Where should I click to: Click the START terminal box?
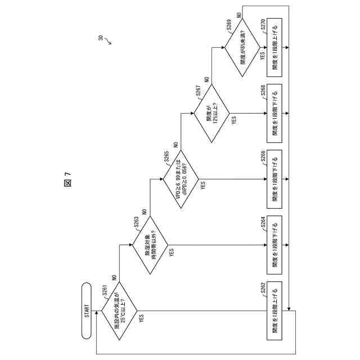tap(87, 311)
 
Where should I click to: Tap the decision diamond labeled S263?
tap(150, 246)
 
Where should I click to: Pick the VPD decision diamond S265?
tap(181, 181)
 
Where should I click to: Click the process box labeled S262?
tap(276, 311)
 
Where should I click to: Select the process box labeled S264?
tap(276, 246)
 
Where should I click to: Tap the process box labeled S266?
tap(276, 181)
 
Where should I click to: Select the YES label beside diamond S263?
tap(172, 253)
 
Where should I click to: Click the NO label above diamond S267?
tap(207, 80)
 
